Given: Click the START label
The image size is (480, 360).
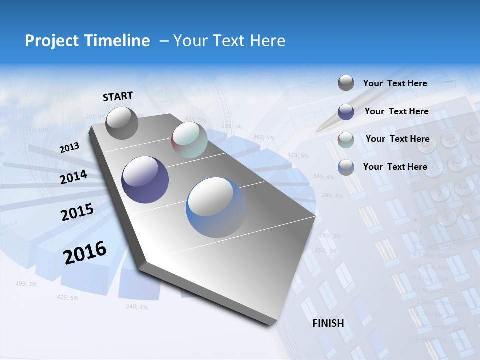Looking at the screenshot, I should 118,96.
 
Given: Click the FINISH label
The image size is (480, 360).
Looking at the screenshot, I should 328,323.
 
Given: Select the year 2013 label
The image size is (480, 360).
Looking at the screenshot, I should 69,148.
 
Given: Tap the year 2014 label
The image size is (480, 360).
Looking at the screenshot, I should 73,177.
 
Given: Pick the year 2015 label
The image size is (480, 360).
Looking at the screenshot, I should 77,212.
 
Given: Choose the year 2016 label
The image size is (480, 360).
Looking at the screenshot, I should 85,252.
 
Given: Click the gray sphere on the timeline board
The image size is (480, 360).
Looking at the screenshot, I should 122,123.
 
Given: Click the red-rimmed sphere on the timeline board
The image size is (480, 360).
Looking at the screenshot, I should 189,140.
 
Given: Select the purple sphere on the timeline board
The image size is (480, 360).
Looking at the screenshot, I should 145,180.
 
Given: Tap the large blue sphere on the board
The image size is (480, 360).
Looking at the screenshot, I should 216,207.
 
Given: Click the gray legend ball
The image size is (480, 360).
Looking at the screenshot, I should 346,83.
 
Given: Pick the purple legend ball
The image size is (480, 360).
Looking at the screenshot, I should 346,111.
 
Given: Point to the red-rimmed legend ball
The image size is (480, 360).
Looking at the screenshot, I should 346,139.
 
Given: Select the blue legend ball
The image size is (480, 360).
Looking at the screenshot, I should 346,167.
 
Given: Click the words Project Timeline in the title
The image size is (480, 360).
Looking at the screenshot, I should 87,41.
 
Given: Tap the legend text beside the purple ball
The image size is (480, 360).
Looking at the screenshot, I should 396,111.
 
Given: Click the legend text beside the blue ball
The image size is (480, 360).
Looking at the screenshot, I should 395,167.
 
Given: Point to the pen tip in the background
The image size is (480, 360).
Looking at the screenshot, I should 319,129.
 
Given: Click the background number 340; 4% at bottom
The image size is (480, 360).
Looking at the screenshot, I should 136,306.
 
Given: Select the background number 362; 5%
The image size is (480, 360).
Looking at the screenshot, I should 263,137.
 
